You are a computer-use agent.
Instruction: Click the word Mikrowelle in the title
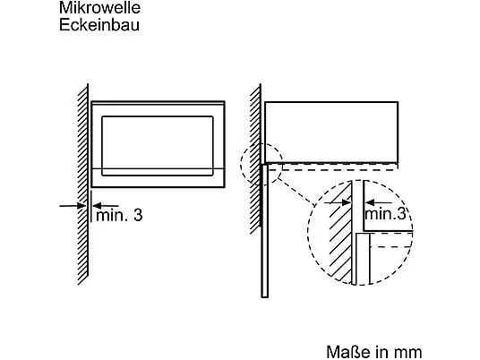coord(99,7)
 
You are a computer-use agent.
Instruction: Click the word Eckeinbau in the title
coord(99,25)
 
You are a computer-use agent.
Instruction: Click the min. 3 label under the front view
coord(119,215)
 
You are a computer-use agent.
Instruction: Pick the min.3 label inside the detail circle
coord(385,214)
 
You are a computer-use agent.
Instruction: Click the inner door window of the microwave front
coord(158,146)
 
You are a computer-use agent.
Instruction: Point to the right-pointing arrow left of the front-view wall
coord(73,206)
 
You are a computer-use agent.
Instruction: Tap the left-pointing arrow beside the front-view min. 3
coord(105,206)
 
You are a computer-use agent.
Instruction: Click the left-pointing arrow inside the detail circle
coord(379,202)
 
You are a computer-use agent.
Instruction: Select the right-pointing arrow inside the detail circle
coord(338,202)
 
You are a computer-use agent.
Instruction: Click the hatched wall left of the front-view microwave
coord(83,184)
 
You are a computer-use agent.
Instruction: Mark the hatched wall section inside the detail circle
coord(340,232)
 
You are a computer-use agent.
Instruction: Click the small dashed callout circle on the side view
coord(241,163)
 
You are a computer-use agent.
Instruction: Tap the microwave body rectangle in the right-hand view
coord(331,132)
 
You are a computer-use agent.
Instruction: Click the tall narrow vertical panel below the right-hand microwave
coord(265,231)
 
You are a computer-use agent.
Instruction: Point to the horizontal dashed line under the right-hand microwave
coord(339,169)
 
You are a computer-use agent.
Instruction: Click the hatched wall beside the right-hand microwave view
coord(255,159)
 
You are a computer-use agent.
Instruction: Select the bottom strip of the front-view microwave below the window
coord(158,178)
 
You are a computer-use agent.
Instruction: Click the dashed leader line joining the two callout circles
coord(294,193)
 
